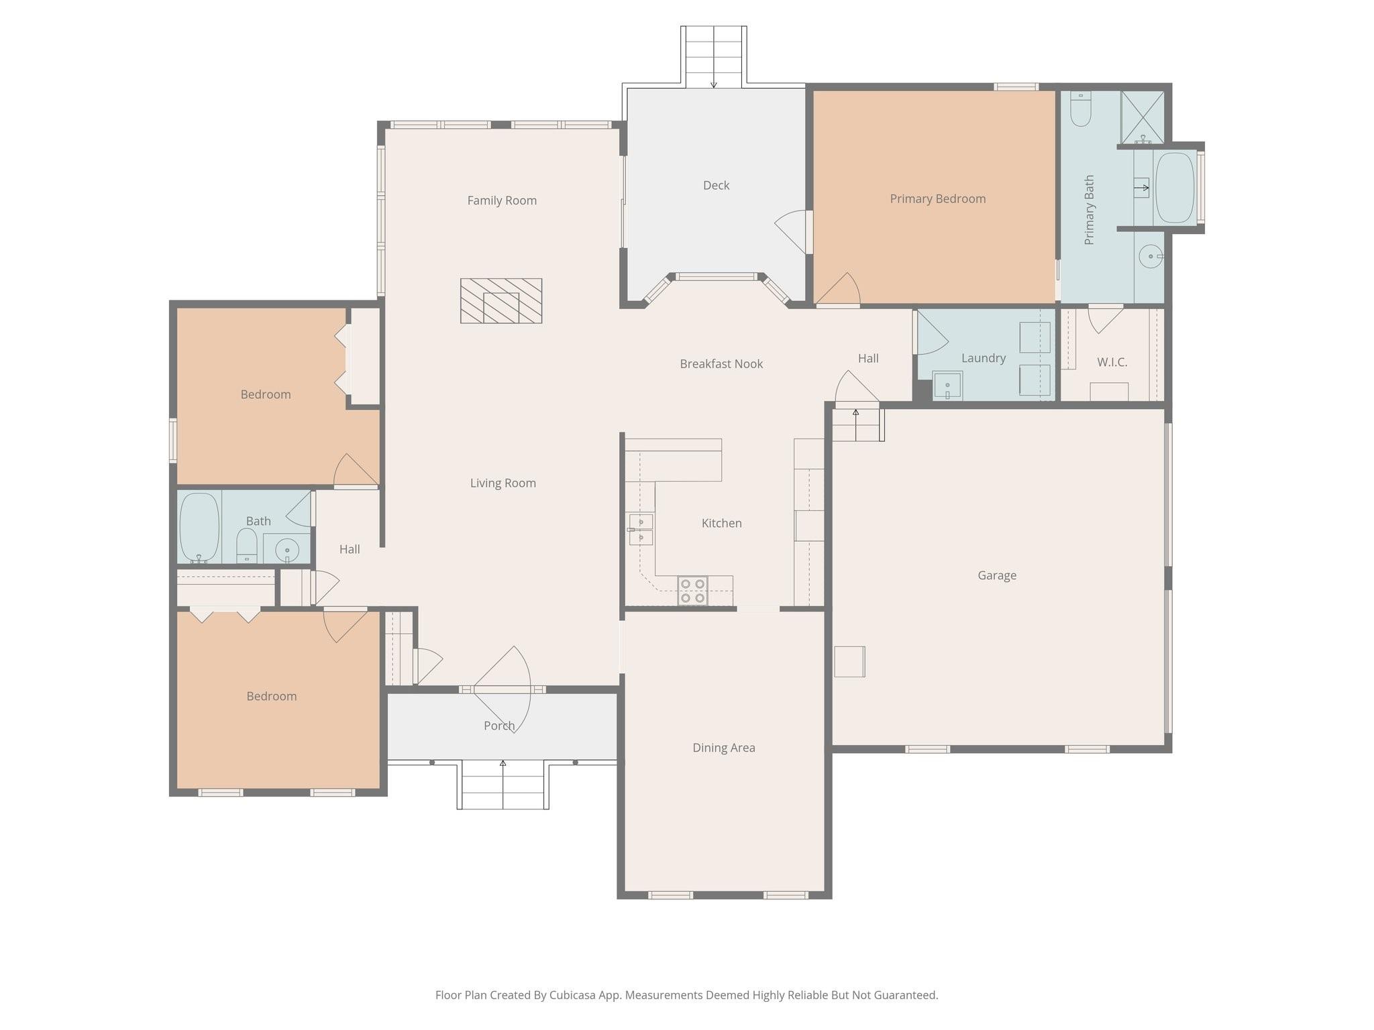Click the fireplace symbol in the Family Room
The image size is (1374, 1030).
click(x=501, y=300)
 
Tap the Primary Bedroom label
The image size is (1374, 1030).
click(x=937, y=198)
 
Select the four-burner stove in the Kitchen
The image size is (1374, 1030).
click(x=692, y=591)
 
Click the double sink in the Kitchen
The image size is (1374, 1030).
click(x=641, y=530)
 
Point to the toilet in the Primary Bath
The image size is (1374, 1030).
click(x=1080, y=109)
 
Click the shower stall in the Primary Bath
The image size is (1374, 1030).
click(x=1143, y=117)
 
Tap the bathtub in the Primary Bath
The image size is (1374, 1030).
click(x=1175, y=188)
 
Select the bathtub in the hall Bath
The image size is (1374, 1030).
click(x=199, y=527)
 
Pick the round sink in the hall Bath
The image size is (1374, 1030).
click(x=287, y=550)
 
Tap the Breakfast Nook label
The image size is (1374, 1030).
click(x=721, y=363)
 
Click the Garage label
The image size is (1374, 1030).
click(x=996, y=575)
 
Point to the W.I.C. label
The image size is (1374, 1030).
click(x=1112, y=362)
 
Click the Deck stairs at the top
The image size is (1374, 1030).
click(x=714, y=56)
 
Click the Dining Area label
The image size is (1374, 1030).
click(x=723, y=747)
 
